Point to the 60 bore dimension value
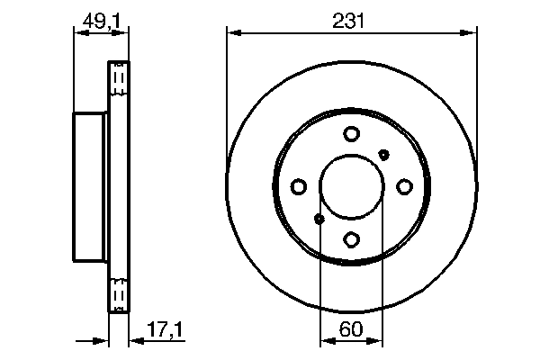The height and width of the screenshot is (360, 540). coord(351,332)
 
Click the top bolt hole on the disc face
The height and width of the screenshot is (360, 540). coord(351,134)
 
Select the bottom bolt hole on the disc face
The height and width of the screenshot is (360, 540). coord(351,239)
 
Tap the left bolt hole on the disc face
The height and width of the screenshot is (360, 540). coord(299,186)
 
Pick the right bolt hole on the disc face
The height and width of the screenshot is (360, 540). coord(404,186)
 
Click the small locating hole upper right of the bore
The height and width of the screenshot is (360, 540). coord(384,154)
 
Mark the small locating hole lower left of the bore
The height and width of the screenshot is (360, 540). coord(319,219)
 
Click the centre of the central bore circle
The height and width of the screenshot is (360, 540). coord(351,186)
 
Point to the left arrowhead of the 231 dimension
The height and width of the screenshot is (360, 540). coord(232,33)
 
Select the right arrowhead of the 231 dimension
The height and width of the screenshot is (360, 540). coord(471,33)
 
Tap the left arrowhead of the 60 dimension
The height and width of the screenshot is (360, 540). coord(326,342)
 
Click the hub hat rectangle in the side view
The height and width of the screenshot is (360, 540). coord(90,186)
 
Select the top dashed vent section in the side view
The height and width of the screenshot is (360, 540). coord(119,79)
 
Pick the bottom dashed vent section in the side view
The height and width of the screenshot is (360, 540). coord(119,294)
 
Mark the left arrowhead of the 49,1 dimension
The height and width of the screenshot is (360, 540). coord(77,33)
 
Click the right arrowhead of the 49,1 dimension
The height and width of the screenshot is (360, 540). coord(124,33)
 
